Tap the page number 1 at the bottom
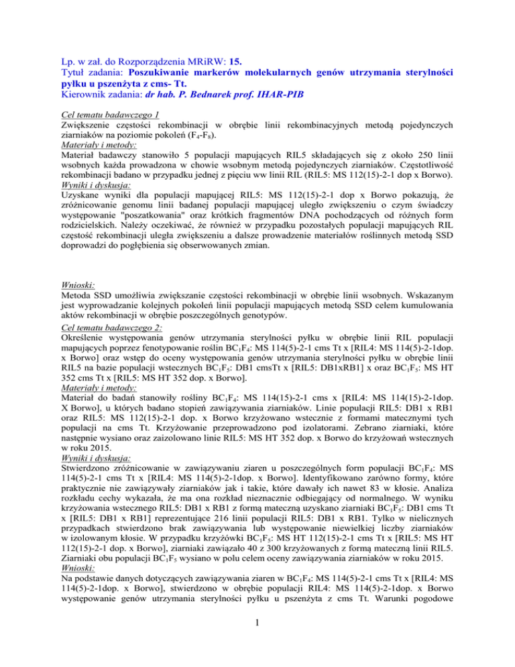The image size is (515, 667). tap(257, 642)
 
